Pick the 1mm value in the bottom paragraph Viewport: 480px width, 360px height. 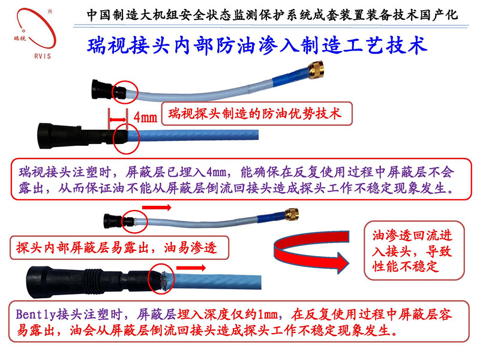coord(268,314)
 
